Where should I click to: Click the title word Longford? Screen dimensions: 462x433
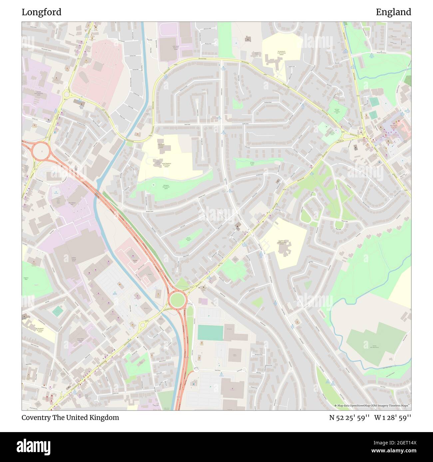(x=42, y=12)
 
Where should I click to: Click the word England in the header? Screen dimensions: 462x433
(x=393, y=12)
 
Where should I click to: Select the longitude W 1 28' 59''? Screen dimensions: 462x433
(x=393, y=417)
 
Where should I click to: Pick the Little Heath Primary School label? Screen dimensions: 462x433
(x=162, y=147)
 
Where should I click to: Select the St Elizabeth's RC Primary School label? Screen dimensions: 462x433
(x=40, y=330)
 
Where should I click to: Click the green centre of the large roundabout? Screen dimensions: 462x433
(x=177, y=300)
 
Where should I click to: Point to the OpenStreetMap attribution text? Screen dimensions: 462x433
(x=372, y=405)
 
